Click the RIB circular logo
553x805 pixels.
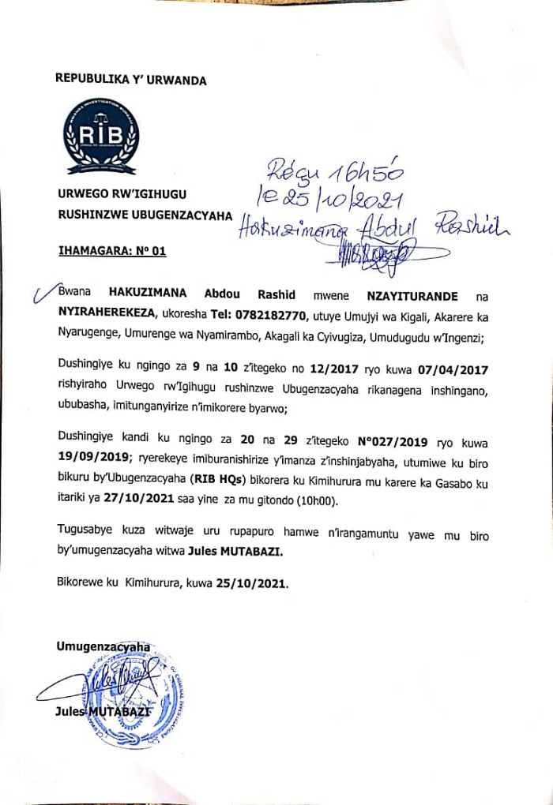click(x=102, y=137)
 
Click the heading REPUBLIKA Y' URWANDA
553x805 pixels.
click(x=130, y=80)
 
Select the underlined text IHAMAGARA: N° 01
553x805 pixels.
click(x=111, y=253)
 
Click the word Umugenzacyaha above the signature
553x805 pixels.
click(x=103, y=646)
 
